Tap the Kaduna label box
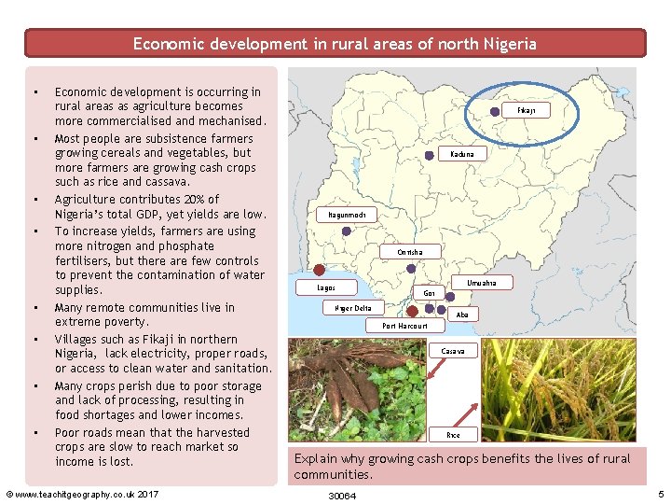(x=461, y=153)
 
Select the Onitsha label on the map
(x=409, y=252)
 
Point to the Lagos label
(x=326, y=287)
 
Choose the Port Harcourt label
(x=405, y=326)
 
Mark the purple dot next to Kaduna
(x=429, y=154)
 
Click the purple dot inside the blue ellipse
(x=496, y=110)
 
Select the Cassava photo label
(x=453, y=351)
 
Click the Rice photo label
(x=453, y=435)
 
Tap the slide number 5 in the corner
(x=661, y=494)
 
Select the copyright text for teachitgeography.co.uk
(x=83, y=494)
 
